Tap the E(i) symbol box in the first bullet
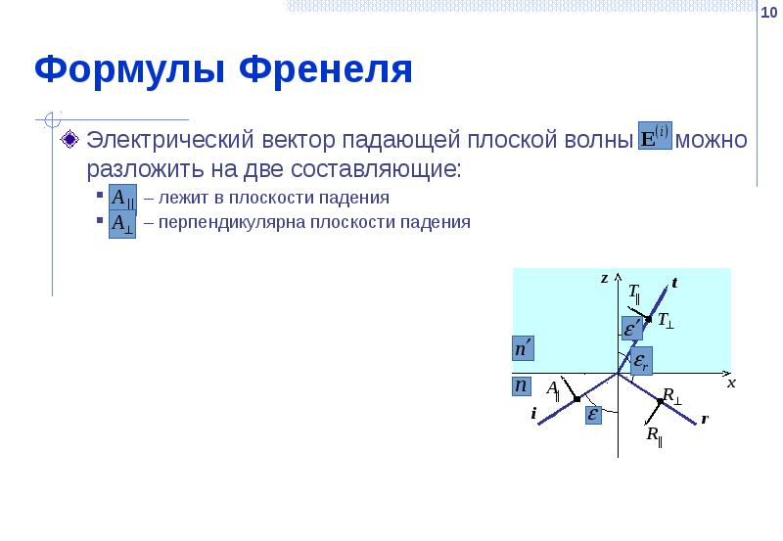click(655, 136)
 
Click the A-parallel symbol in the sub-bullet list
click(121, 198)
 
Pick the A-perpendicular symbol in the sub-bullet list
click(121, 222)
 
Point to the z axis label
click(604, 278)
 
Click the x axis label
click(730, 383)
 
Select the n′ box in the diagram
click(525, 348)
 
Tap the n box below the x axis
click(523, 386)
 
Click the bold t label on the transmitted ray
click(674, 284)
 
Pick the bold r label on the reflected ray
click(704, 419)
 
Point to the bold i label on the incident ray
click(533, 414)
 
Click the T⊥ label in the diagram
click(666, 320)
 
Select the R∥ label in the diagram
click(653, 435)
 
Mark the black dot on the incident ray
click(577, 399)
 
